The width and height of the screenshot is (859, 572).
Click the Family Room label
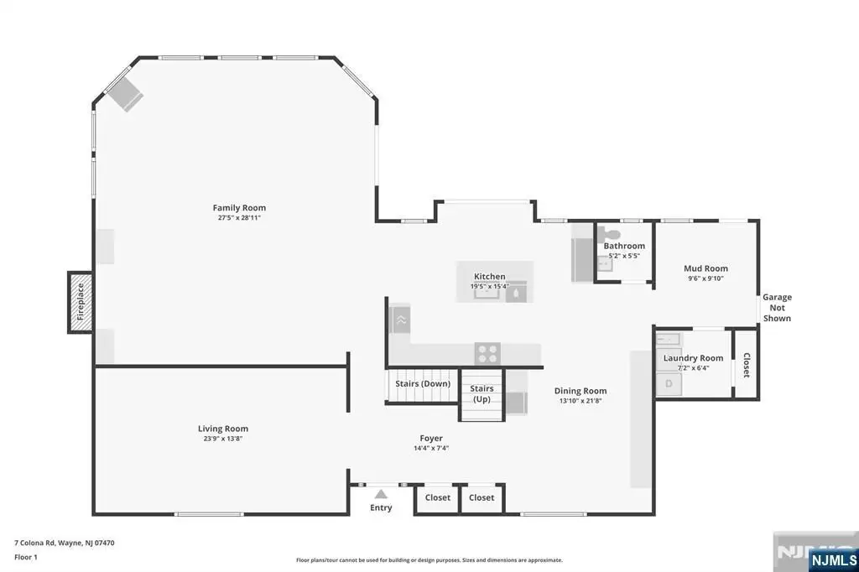tap(239, 208)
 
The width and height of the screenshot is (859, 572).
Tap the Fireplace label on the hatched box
tap(80, 302)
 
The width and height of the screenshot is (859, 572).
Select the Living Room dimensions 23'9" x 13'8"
tap(222, 439)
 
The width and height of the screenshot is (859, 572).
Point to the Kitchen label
tap(489, 276)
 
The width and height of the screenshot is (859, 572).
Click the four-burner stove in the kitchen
tap(487, 353)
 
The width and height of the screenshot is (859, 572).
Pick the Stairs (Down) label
tap(423, 383)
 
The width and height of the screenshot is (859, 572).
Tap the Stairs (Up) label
tap(482, 393)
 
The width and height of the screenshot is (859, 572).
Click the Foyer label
tap(431, 438)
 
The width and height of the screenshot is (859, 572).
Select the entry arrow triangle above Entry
tap(381, 494)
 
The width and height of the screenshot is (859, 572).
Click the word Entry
tap(381, 508)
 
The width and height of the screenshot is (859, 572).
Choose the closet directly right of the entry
tap(438, 497)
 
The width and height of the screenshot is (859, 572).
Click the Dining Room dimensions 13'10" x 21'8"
tap(580, 401)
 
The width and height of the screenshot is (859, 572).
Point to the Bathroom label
tap(624, 246)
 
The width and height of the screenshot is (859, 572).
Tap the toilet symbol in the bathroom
tap(609, 233)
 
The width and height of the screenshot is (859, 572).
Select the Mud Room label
tap(705, 268)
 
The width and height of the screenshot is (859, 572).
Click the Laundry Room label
tap(693, 358)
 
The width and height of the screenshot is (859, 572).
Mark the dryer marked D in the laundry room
tap(669, 383)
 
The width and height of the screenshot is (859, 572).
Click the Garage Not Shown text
tap(777, 307)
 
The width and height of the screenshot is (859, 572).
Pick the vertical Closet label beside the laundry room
tap(746, 365)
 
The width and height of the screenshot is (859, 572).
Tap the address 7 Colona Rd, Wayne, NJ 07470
tap(64, 543)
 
